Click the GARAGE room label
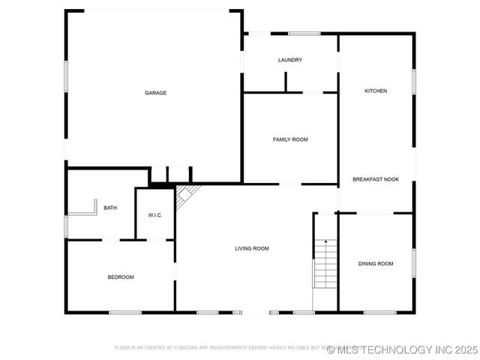[x=155, y=93]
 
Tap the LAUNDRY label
[x=289, y=60]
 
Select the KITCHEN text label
[x=376, y=91]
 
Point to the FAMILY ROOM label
[x=289, y=139]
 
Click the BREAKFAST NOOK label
[x=376, y=179]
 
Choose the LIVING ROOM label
[x=251, y=248]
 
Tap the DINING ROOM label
[x=376, y=263]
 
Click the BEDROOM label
[x=120, y=277]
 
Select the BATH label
[x=110, y=208]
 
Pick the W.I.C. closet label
[x=155, y=215]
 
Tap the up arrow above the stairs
[x=325, y=241]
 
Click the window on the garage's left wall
[x=66, y=76]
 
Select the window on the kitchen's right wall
[x=413, y=81]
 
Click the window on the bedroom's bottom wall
[x=125, y=312]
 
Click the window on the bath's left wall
[x=66, y=226]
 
